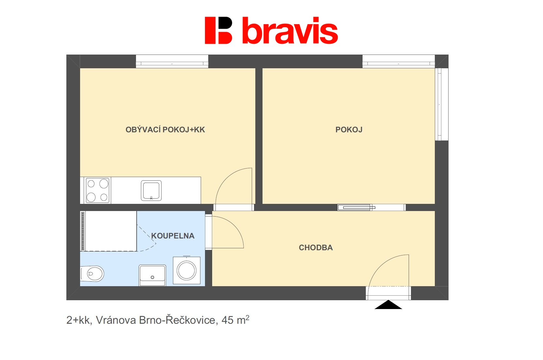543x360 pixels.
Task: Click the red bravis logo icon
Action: click(x=218, y=30)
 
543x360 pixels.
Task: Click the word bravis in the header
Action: click(x=290, y=31)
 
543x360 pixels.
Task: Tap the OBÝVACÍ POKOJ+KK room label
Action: click(x=165, y=130)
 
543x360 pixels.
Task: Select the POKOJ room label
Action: click(x=349, y=130)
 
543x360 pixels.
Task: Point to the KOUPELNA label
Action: click(x=173, y=236)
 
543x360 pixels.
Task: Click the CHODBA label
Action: click(x=316, y=248)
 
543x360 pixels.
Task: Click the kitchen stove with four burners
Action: click(x=97, y=190)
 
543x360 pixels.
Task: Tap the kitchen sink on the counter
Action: click(x=151, y=190)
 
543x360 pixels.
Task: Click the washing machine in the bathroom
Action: click(x=187, y=270)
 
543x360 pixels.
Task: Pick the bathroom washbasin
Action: click(x=152, y=275)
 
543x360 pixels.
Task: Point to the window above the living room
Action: click(x=172, y=61)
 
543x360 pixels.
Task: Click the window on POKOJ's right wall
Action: click(x=441, y=104)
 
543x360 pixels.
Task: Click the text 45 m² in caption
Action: click(x=235, y=320)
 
